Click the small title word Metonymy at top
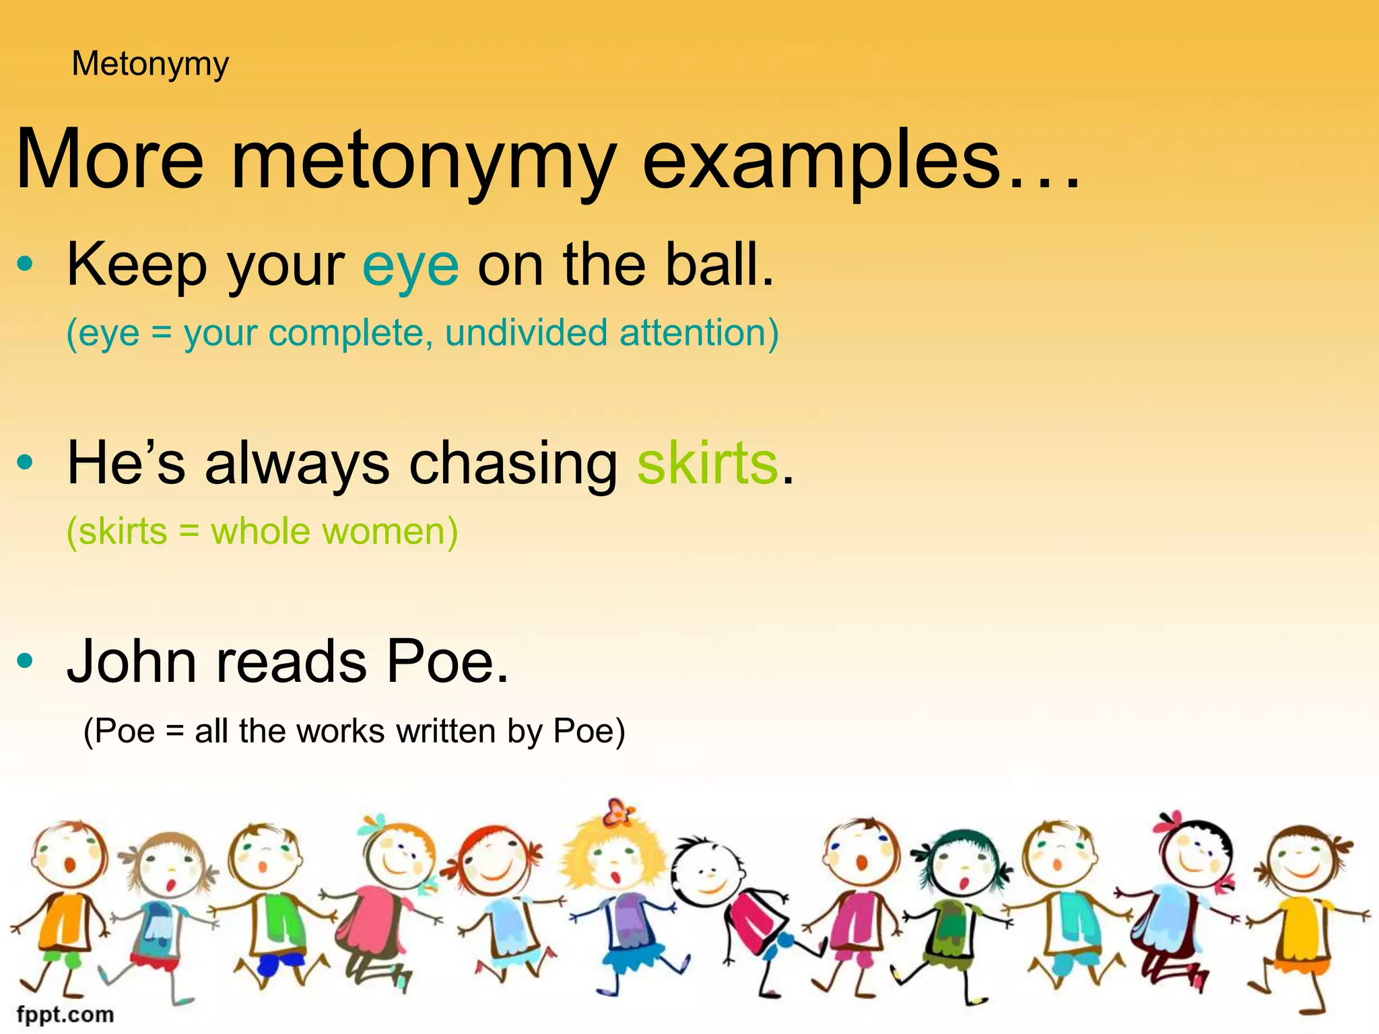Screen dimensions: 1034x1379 tap(150, 65)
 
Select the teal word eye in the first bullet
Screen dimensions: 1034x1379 tap(411, 265)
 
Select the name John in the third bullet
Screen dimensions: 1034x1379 tap(131, 661)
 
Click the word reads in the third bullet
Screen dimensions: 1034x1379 tap(291, 661)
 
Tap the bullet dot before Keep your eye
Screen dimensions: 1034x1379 tap(26, 265)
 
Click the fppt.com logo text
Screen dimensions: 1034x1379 tap(65, 1014)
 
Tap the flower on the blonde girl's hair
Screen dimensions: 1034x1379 tap(618, 813)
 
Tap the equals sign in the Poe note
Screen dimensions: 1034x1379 tap(174, 732)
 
